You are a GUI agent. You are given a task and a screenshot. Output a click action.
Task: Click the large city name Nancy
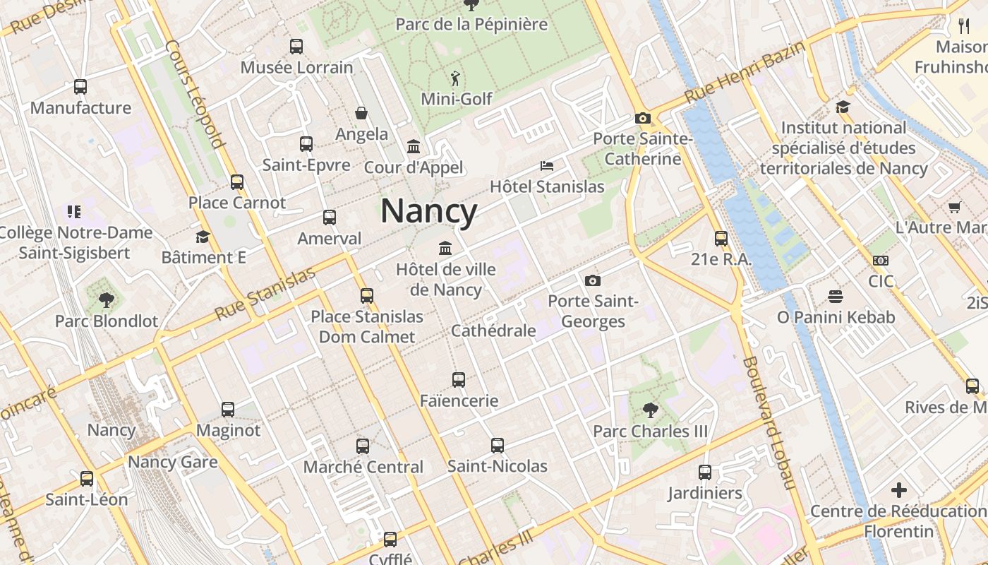(428, 211)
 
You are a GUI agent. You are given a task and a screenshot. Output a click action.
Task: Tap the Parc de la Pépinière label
(471, 25)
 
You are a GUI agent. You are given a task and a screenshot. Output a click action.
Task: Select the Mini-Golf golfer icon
(456, 78)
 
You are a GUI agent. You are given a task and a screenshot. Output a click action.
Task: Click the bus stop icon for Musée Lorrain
(296, 47)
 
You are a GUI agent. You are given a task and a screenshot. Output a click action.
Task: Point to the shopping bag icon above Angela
(361, 113)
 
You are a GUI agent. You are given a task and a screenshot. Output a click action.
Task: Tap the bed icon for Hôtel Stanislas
(547, 166)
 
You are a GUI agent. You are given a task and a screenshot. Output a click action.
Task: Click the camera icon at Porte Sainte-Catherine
(642, 118)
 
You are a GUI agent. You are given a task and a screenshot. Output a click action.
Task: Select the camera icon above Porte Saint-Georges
(593, 281)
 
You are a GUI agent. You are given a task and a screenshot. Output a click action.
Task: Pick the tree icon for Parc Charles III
(650, 410)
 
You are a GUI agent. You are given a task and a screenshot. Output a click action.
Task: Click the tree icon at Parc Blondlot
(107, 300)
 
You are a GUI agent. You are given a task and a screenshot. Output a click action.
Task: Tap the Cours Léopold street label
(195, 94)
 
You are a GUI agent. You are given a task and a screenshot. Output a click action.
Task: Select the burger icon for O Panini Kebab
(836, 296)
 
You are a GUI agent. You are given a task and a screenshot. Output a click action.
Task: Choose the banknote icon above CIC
(880, 261)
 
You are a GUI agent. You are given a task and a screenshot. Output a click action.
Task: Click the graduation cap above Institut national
(843, 107)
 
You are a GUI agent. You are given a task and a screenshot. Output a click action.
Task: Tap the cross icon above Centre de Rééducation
(898, 489)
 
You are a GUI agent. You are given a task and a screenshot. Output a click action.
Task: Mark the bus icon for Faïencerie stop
(459, 380)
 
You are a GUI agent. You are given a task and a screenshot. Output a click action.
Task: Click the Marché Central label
(363, 467)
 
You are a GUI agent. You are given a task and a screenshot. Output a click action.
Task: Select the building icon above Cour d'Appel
(414, 147)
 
